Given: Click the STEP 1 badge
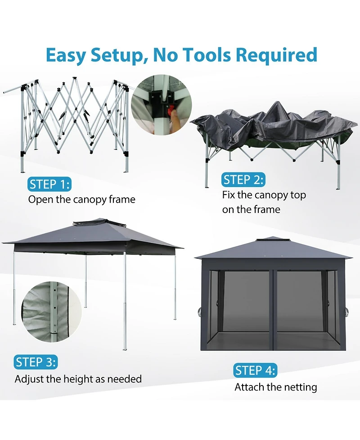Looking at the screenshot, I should click(49, 184).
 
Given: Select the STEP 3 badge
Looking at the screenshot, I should click(36, 362).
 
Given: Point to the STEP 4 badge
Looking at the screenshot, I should click(255, 371).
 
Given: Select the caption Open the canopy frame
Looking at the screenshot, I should click(81, 199).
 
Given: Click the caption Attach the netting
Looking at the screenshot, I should click(275, 387).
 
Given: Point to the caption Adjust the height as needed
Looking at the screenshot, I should click(78, 379).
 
